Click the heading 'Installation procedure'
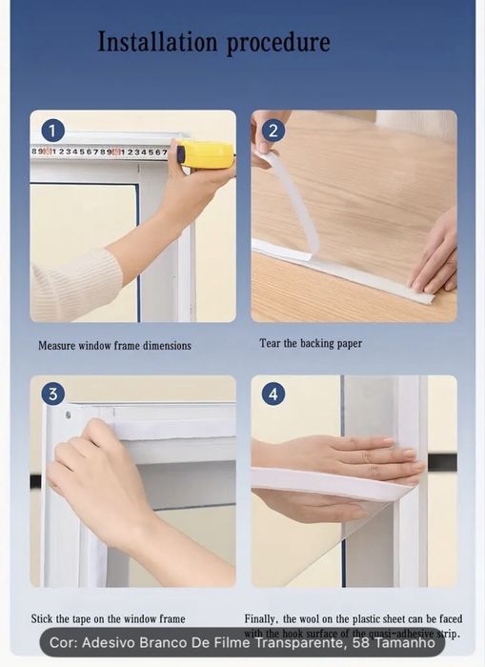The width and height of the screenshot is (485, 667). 213,43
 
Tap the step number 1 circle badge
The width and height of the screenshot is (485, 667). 53,131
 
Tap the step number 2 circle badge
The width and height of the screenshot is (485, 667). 273,131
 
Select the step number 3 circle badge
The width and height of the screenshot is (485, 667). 53,394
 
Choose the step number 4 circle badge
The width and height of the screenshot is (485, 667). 273,394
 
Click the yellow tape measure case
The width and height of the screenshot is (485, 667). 206,154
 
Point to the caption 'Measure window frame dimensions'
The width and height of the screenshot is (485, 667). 114,346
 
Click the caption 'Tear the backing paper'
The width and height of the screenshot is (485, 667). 311,343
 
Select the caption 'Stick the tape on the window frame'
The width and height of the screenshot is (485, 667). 108,618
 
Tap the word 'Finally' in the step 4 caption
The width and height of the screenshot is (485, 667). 264,618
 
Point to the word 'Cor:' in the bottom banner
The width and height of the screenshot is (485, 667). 64,643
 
